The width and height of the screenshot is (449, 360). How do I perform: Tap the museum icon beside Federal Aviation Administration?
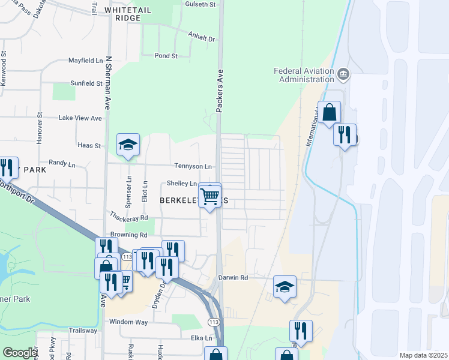(343, 74)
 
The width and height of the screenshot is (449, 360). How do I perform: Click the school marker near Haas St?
(127, 145)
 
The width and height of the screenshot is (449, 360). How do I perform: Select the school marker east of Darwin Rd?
(285, 287)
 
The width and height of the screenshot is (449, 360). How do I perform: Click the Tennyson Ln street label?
(193, 166)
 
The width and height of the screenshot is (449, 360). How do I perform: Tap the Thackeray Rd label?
(128, 215)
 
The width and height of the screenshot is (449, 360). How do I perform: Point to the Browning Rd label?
(128, 235)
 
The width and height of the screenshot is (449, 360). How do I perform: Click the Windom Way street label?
(128, 322)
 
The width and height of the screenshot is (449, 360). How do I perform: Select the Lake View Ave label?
(80, 118)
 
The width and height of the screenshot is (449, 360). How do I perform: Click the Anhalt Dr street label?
(201, 38)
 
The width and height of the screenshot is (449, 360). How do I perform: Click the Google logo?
(19, 353)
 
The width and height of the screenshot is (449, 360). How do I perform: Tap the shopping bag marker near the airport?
(330, 112)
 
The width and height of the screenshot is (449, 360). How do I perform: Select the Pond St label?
(166, 56)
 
